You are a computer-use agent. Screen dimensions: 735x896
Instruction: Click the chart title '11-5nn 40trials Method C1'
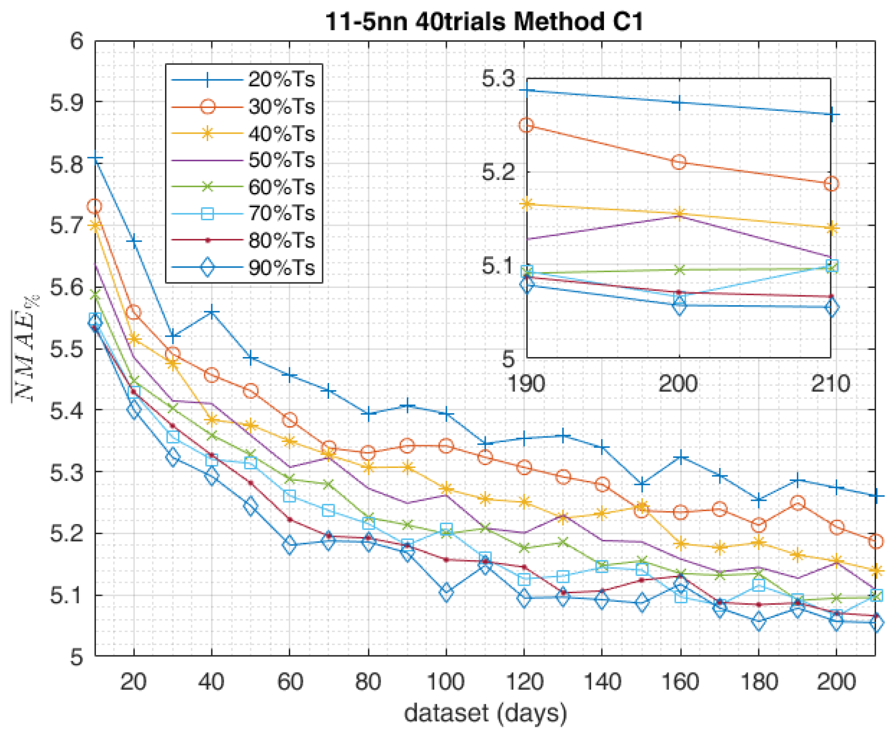484,21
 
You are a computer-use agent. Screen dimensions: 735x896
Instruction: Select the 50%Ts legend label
281,160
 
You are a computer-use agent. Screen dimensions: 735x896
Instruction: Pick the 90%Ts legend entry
281,268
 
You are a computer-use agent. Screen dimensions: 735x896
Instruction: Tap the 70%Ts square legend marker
207,214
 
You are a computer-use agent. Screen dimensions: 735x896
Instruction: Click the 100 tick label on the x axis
445,682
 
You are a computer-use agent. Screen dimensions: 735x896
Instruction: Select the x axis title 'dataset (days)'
485,713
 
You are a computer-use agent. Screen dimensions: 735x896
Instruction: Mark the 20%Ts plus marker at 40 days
212,312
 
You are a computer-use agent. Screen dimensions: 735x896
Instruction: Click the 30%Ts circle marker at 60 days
290,420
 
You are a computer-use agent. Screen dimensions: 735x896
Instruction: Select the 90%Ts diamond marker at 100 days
446,592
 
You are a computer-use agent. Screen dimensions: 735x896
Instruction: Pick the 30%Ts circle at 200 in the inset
679,162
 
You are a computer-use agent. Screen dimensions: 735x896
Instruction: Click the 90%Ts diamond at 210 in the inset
831,307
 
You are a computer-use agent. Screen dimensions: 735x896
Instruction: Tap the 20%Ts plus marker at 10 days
95,160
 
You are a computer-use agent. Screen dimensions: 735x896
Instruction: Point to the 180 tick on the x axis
758,682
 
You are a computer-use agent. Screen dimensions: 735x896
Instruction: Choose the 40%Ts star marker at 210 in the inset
831,228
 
